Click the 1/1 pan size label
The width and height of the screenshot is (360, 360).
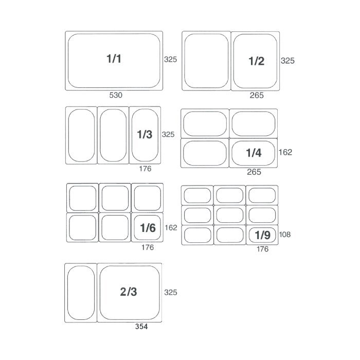click(x=114, y=59)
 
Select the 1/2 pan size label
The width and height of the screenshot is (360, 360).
click(x=256, y=61)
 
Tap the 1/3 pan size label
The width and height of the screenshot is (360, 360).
click(x=145, y=134)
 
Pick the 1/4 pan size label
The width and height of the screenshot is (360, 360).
click(x=254, y=153)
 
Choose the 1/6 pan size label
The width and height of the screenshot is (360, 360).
click(x=148, y=228)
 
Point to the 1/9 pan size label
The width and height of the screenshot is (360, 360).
click(x=262, y=235)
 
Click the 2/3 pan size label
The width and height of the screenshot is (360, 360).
click(x=129, y=292)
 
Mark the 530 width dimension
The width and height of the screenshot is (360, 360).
click(x=116, y=95)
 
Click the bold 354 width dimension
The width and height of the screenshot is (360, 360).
click(x=141, y=327)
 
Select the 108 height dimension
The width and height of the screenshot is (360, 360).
click(x=285, y=235)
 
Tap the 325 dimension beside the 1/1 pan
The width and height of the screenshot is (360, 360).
click(x=170, y=60)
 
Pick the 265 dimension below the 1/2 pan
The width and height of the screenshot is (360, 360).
click(x=257, y=95)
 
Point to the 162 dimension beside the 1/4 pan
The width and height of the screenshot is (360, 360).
click(x=285, y=152)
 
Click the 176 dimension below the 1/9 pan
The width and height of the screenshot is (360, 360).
click(x=262, y=249)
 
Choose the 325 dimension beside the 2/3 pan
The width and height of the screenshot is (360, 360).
click(x=171, y=292)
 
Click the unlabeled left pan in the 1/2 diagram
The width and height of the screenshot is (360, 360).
click(x=206, y=61)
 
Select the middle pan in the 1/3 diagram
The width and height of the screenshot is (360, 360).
click(x=113, y=135)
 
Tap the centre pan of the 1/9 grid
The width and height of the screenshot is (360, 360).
click(x=229, y=215)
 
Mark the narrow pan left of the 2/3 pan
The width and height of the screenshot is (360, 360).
click(x=81, y=293)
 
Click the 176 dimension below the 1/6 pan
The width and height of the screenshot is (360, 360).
click(x=148, y=247)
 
